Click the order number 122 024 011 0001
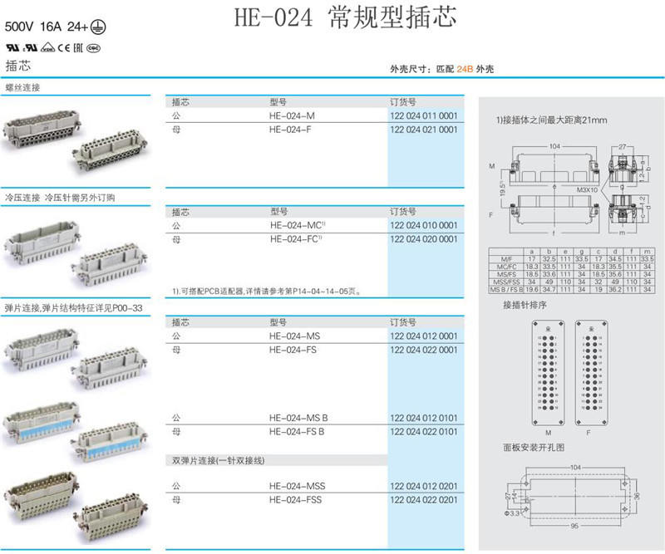[x=423, y=115]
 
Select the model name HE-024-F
[x=292, y=130]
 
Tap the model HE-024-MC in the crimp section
[x=296, y=225]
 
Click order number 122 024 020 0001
[x=423, y=239]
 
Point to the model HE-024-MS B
[x=298, y=418]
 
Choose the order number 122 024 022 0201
[x=423, y=499]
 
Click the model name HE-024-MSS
[x=295, y=486]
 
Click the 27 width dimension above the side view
[x=623, y=147]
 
